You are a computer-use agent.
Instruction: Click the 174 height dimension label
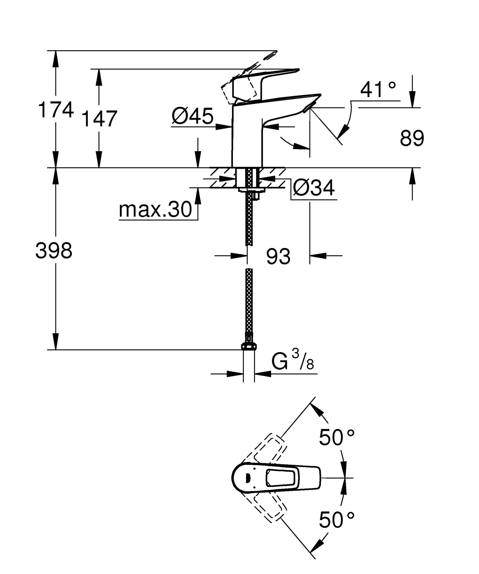coord(56,110)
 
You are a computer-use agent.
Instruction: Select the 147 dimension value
coord(100,119)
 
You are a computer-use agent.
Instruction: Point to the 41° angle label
coord(378,90)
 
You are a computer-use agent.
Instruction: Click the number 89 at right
coord(412,138)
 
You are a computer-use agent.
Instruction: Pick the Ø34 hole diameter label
coord(314,188)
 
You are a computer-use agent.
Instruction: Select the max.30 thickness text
coord(155,210)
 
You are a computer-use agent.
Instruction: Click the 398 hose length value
coord(54,251)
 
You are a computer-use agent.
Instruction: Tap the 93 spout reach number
coord(278,256)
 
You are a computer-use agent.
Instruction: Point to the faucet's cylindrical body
coord(247,138)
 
